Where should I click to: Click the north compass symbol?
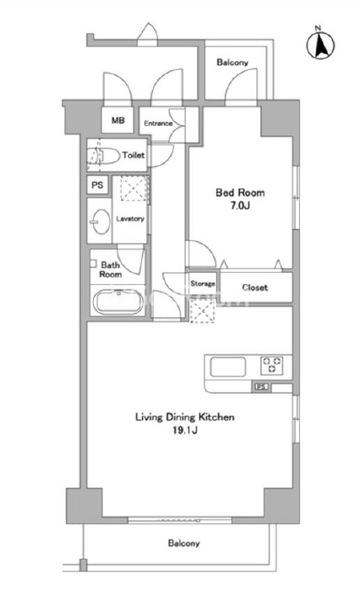320,45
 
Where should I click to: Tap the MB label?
117,120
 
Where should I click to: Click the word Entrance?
158,123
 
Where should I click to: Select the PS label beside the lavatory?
97,185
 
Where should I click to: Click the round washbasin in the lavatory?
100,221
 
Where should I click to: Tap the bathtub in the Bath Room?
118,302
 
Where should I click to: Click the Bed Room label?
240,193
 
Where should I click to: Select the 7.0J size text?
240,205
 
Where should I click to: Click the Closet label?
255,288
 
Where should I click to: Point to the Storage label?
202,283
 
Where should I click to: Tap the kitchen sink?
228,367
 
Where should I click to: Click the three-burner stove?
272,365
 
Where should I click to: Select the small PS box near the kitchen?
261,386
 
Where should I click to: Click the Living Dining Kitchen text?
185,418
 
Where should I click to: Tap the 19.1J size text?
185,430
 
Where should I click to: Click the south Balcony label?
183,544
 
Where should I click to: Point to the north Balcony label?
232,63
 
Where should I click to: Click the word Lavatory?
130,219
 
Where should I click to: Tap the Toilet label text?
134,155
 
